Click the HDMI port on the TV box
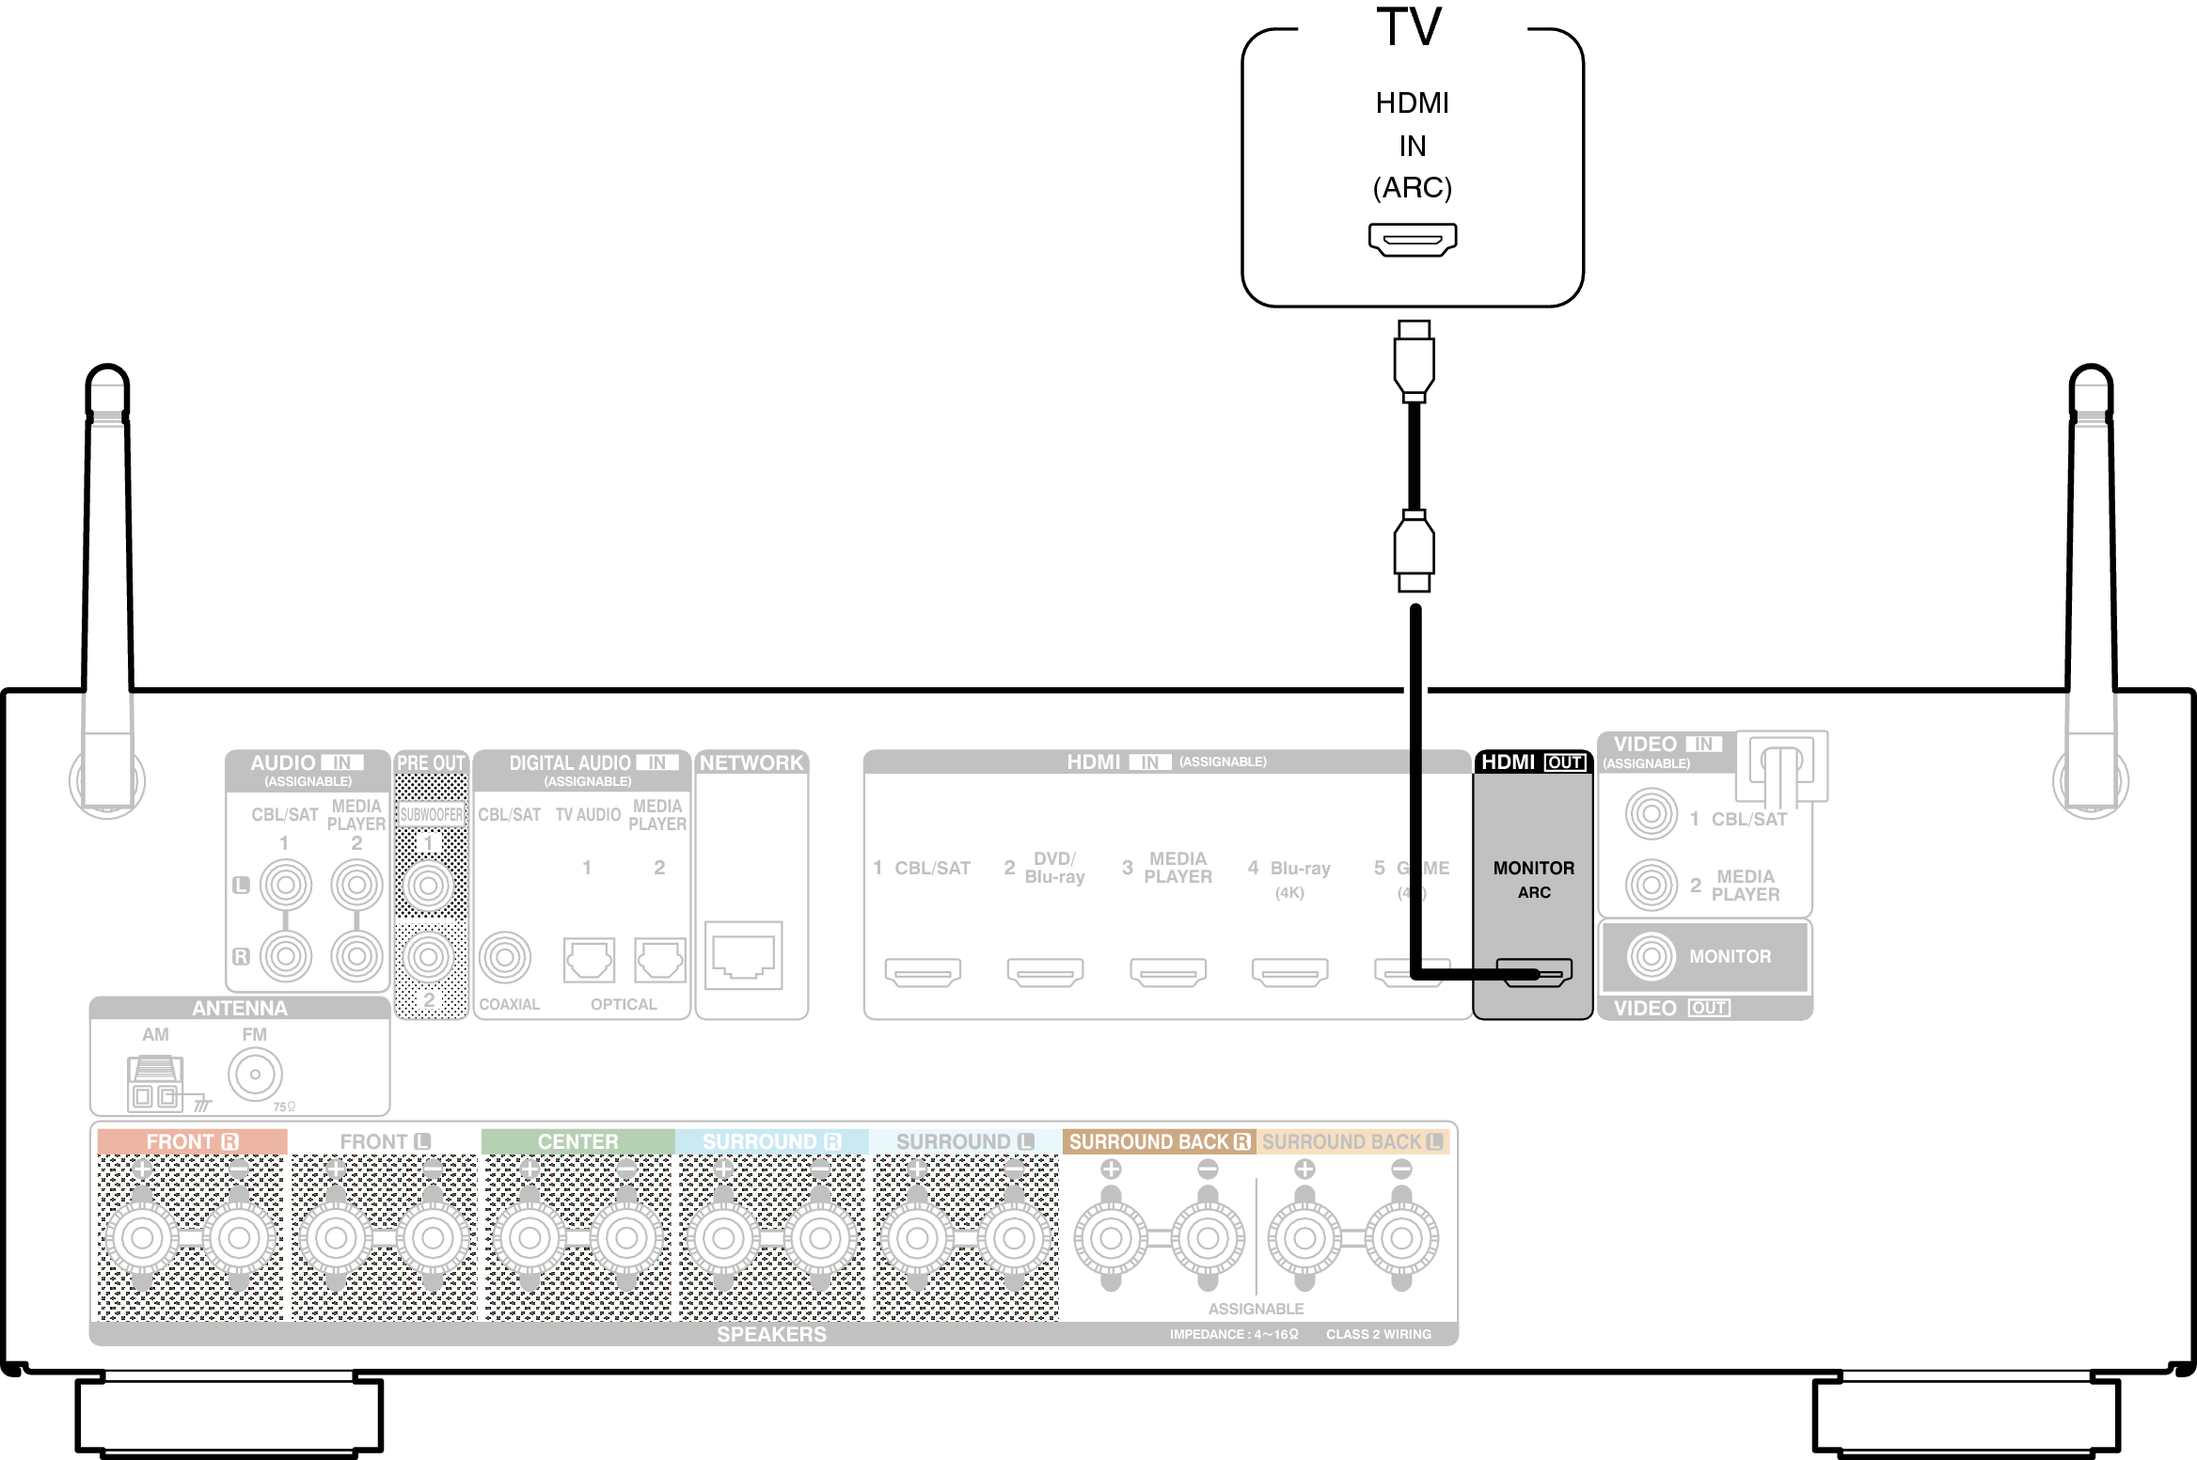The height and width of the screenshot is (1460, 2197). [x=1412, y=239]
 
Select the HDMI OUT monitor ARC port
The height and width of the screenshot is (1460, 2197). [x=1534, y=972]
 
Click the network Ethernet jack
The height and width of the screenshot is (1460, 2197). [x=743, y=955]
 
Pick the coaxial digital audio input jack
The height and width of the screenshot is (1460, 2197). [x=505, y=957]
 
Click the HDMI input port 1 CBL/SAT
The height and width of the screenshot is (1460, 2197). [x=923, y=971]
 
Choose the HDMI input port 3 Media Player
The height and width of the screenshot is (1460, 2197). [x=1168, y=971]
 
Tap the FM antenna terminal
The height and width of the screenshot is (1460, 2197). [x=255, y=1074]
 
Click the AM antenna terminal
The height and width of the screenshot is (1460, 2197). [x=155, y=1083]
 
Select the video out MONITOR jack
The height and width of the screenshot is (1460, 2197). [x=1651, y=956]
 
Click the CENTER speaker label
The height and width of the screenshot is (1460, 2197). [x=577, y=1141]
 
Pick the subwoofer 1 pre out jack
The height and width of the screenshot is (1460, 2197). [x=429, y=885]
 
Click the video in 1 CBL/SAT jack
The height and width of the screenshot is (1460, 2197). [x=1651, y=814]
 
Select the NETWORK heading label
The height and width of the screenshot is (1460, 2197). [x=751, y=762]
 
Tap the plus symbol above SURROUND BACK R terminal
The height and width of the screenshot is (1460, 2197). [x=1111, y=1169]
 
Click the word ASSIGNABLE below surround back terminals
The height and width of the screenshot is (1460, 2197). [x=1256, y=1309]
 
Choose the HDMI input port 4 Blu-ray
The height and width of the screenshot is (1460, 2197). [x=1289, y=971]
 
